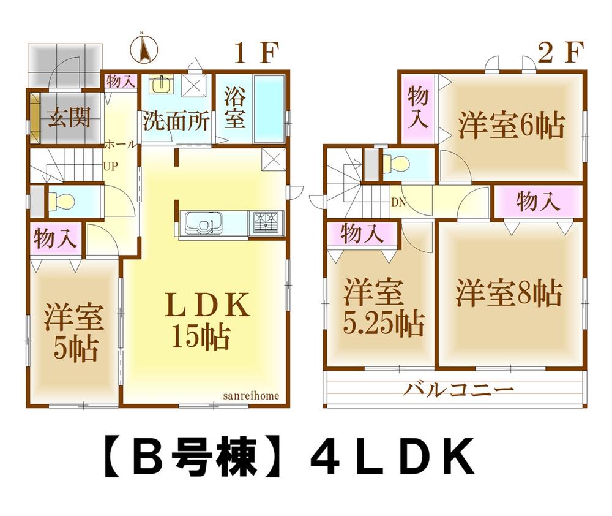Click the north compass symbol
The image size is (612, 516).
pos(144,49)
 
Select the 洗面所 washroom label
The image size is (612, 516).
pos(176,120)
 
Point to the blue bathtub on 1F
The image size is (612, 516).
pos(269,109)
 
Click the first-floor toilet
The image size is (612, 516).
pos(64,200)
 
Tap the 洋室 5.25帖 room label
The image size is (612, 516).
pos(383,308)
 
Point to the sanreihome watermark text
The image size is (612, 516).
pos(251,396)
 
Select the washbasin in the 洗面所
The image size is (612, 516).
pos(161,85)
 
